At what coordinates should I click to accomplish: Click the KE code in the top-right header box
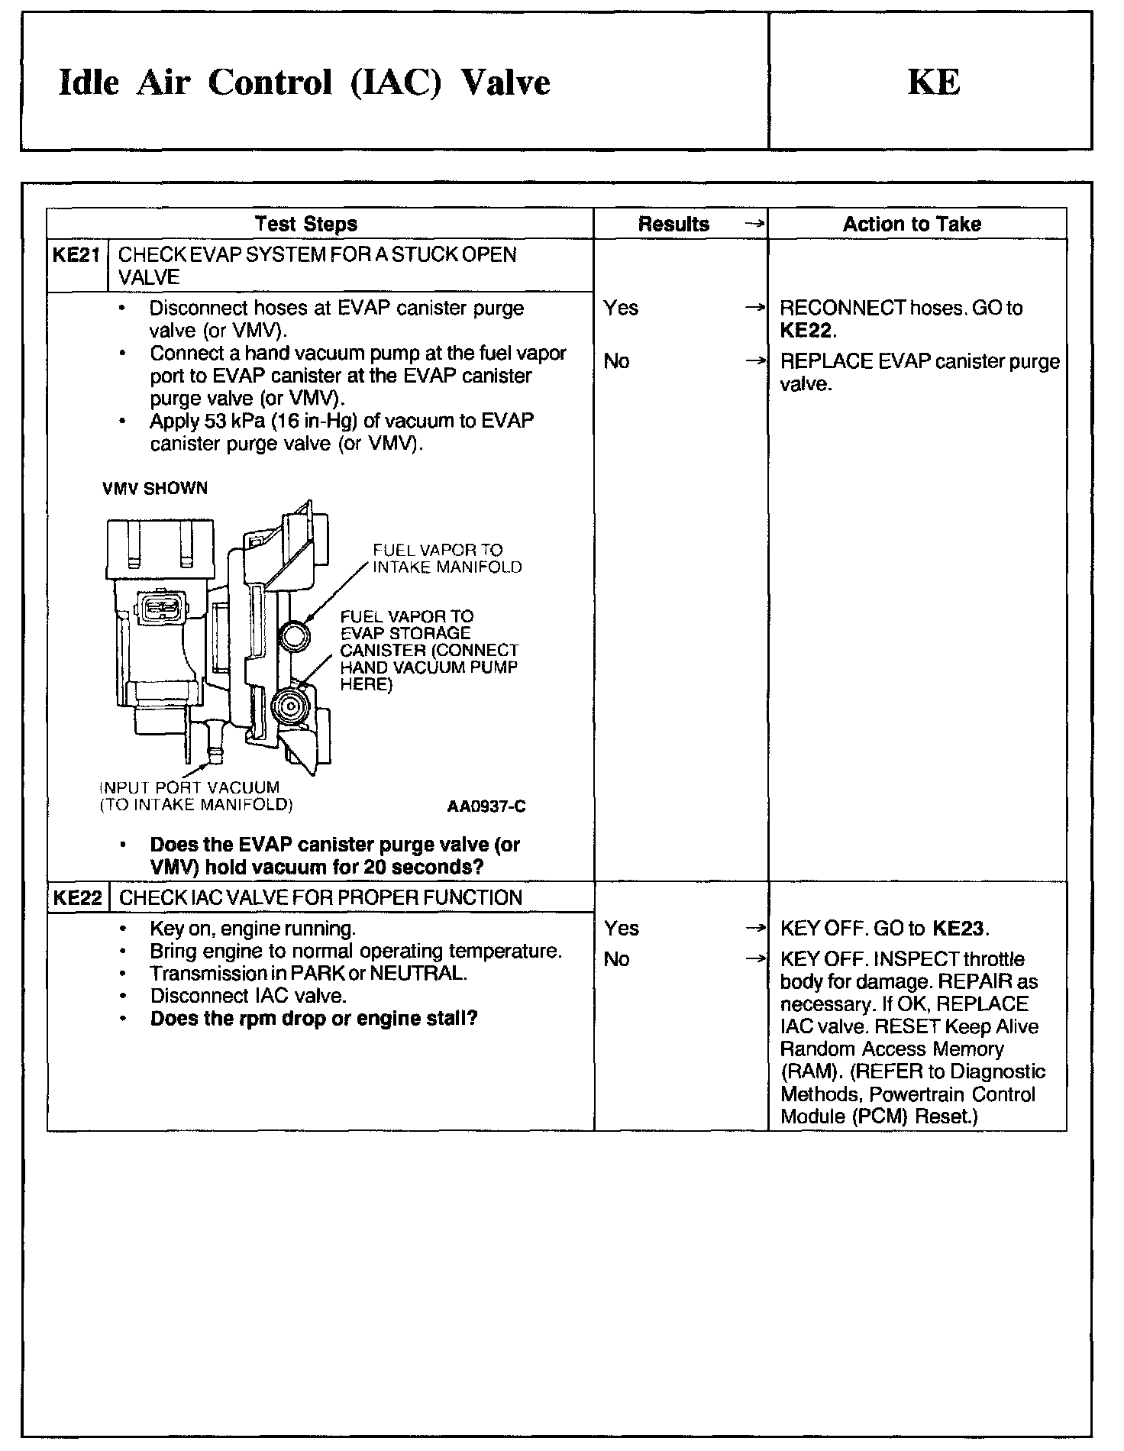click(x=933, y=82)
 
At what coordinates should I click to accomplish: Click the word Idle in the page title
click(x=89, y=82)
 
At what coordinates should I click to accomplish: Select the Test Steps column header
click(x=305, y=224)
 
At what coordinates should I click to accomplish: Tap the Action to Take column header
click(x=912, y=224)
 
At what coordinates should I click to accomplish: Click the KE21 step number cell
click(x=76, y=255)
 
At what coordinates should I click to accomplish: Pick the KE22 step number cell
click(x=77, y=897)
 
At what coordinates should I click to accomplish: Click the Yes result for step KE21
click(x=621, y=308)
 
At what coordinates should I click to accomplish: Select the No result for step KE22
click(x=616, y=959)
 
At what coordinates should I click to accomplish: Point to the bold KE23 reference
click(x=960, y=929)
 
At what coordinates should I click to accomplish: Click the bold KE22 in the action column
click(x=807, y=331)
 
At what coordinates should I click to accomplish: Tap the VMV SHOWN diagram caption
click(x=155, y=488)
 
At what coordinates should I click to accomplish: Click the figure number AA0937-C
click(x=486, y=806)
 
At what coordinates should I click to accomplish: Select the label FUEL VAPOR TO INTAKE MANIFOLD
click(x=447, y=558)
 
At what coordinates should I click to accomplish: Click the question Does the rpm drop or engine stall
click(x=314, y=1019)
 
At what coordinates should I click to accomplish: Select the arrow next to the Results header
click(x=754, y=224)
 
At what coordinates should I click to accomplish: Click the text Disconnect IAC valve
click(x=248, y=996)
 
